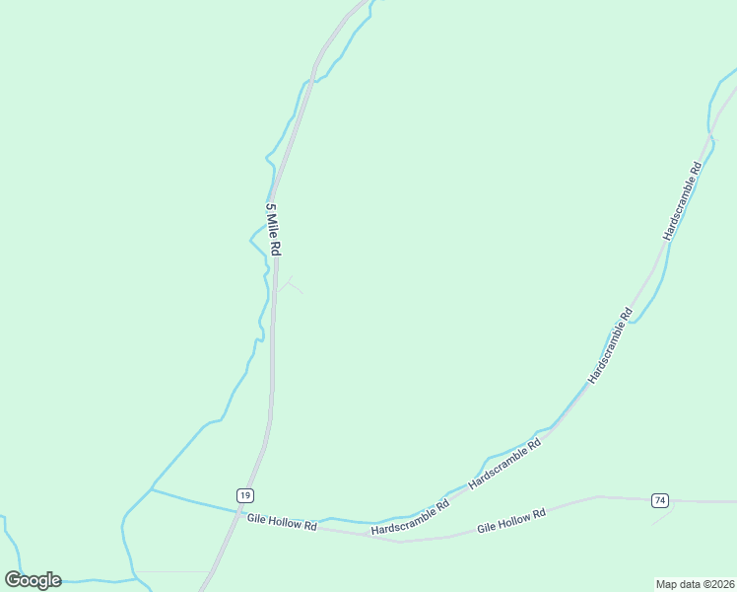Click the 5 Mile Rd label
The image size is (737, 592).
(274, 230)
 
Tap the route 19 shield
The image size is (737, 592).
(245, 494)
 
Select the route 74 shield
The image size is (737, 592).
(660, 500)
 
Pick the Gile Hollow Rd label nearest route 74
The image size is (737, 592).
(511, 521)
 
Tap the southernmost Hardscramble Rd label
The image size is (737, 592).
(410, 517)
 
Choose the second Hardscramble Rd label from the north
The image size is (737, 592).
(610, 346)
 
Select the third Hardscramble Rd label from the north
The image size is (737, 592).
(505, 464)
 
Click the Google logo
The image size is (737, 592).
(33, 580)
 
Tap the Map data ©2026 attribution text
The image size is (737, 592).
(695, 583)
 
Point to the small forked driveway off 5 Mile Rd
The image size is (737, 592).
(288, 288)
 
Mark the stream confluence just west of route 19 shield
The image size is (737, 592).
(152, 488)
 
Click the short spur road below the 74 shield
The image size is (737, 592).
(662, 517)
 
